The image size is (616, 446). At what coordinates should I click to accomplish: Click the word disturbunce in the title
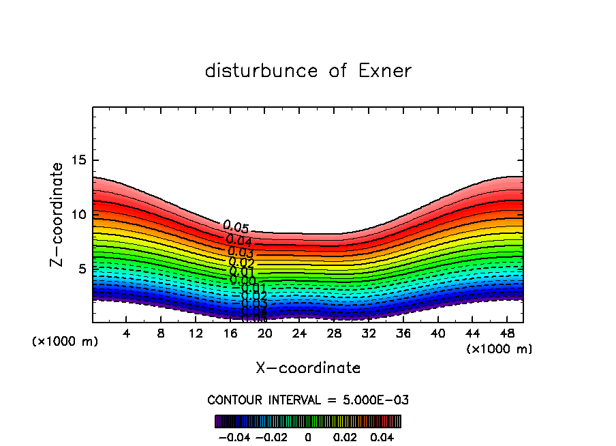[x=262, y=71]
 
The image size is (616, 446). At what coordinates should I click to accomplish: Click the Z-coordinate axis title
[x=57, y=214]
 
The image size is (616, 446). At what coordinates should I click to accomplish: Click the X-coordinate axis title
[x=308, y=368]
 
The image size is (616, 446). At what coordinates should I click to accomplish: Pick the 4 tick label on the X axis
[x=127, y=333]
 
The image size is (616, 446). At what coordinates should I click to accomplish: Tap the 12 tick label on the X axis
[x=196, y=333]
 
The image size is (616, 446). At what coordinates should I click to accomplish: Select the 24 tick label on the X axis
[x=299, y=333]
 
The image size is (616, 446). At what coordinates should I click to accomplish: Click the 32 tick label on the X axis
[x=369, y=333]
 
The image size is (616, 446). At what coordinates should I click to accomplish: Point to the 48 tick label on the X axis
[x=507, y=333]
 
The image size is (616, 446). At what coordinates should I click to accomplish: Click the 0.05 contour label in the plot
[x=236, y=227]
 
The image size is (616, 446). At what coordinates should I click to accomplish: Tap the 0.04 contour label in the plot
[x=239, y=240]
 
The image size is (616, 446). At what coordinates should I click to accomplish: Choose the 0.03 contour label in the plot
[x=241, y=252]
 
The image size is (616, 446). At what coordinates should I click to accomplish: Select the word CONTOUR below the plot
[x=234, y=400]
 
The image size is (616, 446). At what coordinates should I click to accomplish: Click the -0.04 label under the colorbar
[x=234, y=436]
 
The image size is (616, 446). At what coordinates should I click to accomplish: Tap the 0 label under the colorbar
[x=308, y=436]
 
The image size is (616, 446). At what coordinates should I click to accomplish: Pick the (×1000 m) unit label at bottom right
[x=499, y=349]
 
